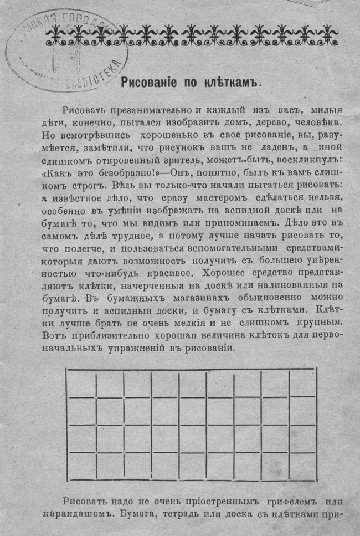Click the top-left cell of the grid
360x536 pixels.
81,384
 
